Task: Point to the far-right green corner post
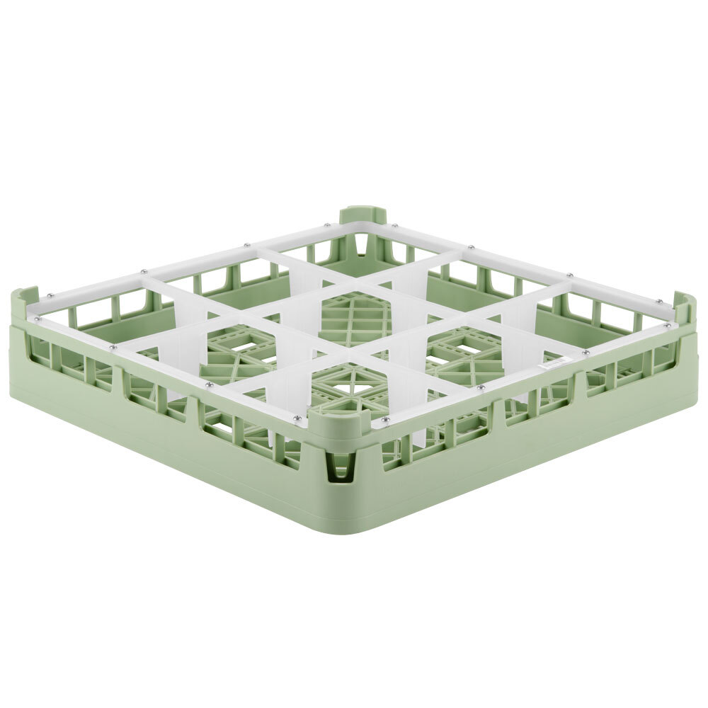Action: click(x=685, y=304)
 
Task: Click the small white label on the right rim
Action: click(x=553, y=363)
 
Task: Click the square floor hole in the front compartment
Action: click(x=348, y=388)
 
